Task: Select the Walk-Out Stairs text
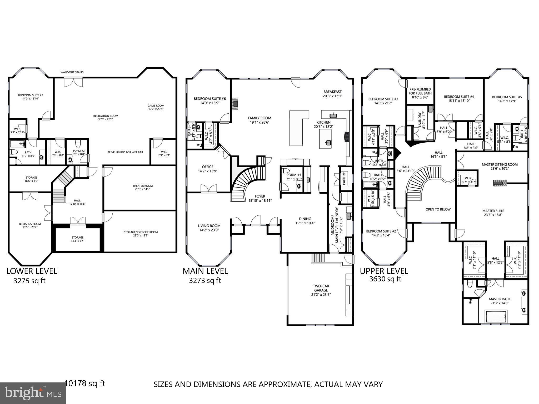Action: tap(72, 72)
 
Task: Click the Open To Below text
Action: tap(438, 209)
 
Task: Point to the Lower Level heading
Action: tap(32, 271)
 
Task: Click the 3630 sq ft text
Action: tap(385, 279)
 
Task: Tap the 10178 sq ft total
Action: tap(85, 383)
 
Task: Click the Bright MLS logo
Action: tap(33, 393)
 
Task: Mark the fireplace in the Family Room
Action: tap(235, 104)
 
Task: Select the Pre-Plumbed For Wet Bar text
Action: tap(125, 152)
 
